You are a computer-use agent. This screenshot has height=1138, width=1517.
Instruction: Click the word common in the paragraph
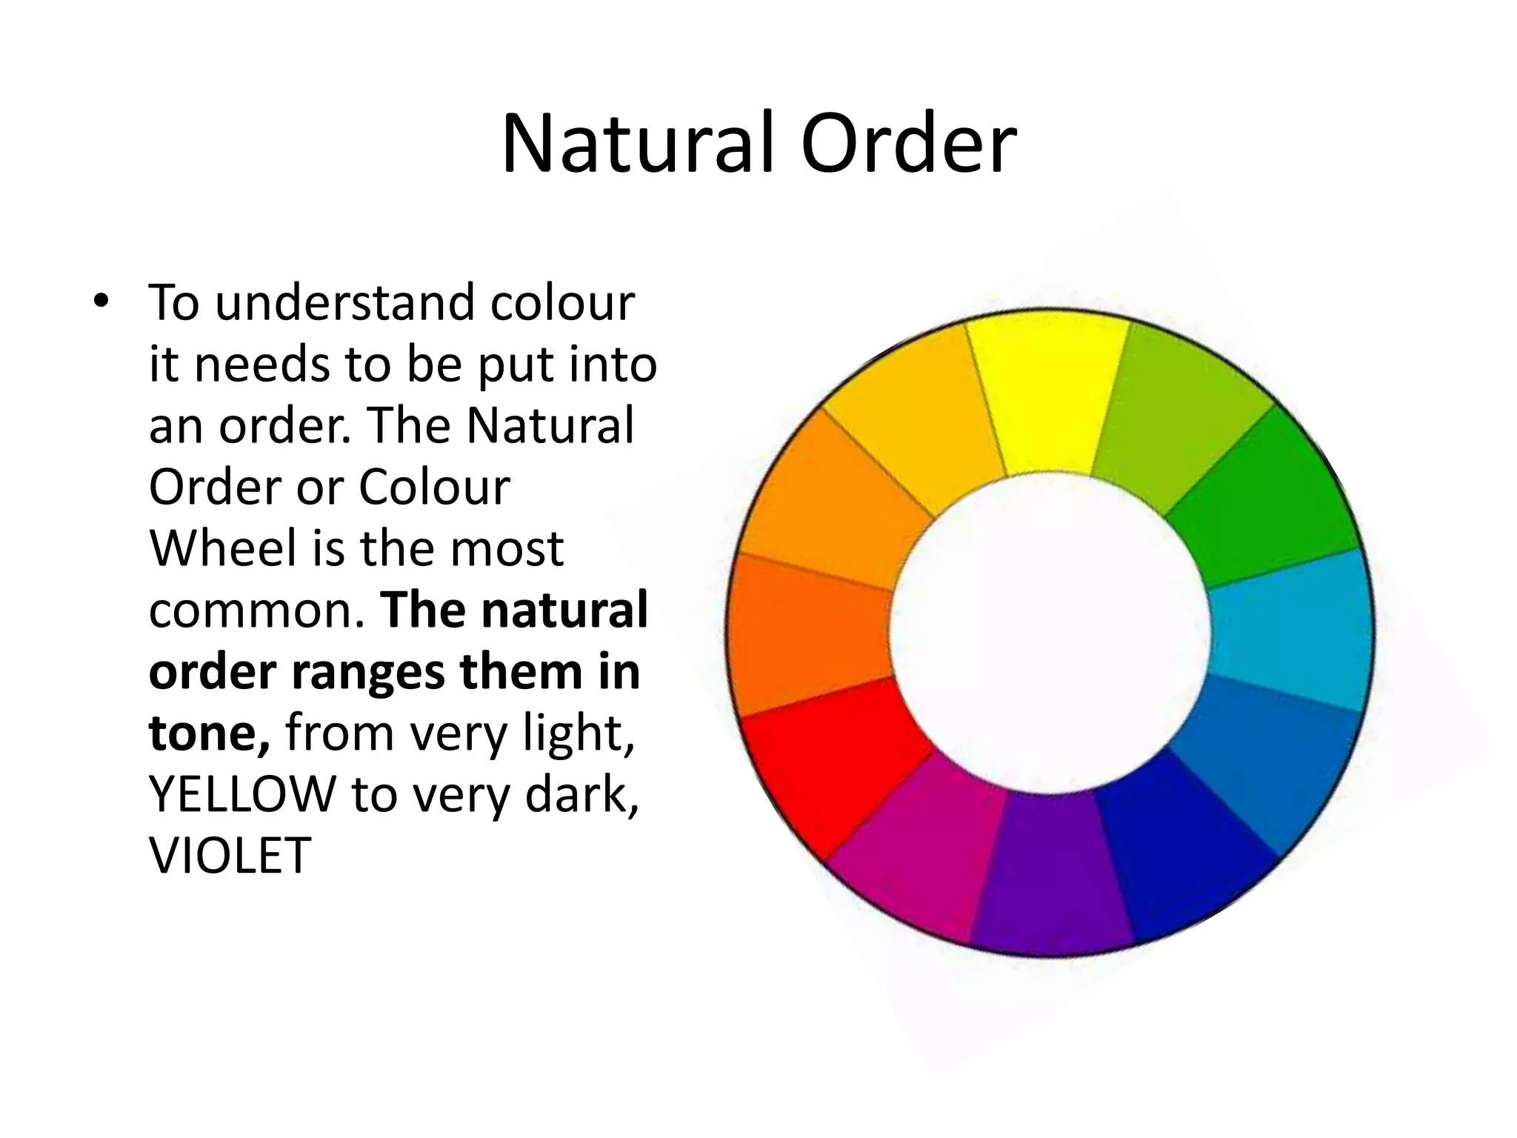pyautogui.click(x=256, y=610)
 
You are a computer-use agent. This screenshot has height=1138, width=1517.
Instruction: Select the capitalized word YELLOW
pyautogui.click(x=243, y=794)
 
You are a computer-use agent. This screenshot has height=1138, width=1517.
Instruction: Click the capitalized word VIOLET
pyautogui.click(x=230, y=856)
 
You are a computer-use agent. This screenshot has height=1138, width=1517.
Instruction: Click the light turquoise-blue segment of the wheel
pyautogui.click(x=1289, y=630)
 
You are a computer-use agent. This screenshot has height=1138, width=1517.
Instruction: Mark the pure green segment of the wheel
pyautogui.click(x=1267, y=496)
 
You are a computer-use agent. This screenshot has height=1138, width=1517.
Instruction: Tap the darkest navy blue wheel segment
pyautogui.click(x=1178, y=852)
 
